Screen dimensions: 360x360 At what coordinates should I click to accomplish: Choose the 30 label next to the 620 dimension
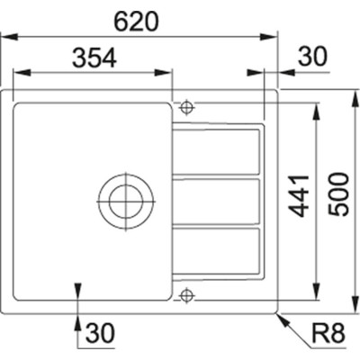309,57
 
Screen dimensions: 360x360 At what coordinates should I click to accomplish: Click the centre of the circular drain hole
123,196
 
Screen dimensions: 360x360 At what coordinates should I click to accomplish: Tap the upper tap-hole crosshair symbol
185,107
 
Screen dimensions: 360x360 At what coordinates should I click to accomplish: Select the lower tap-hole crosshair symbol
185,292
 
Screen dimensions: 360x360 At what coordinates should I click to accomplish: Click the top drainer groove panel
219,153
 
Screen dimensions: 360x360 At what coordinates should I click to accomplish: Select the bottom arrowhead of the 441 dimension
318,294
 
